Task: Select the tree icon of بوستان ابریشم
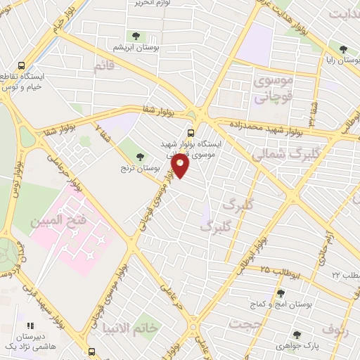(134, 35)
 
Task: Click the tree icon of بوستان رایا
(342, 49)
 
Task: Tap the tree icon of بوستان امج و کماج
(281, 293)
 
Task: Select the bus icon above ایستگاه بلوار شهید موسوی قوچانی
(190, 132)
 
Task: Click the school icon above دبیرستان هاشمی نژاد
(30, 326)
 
